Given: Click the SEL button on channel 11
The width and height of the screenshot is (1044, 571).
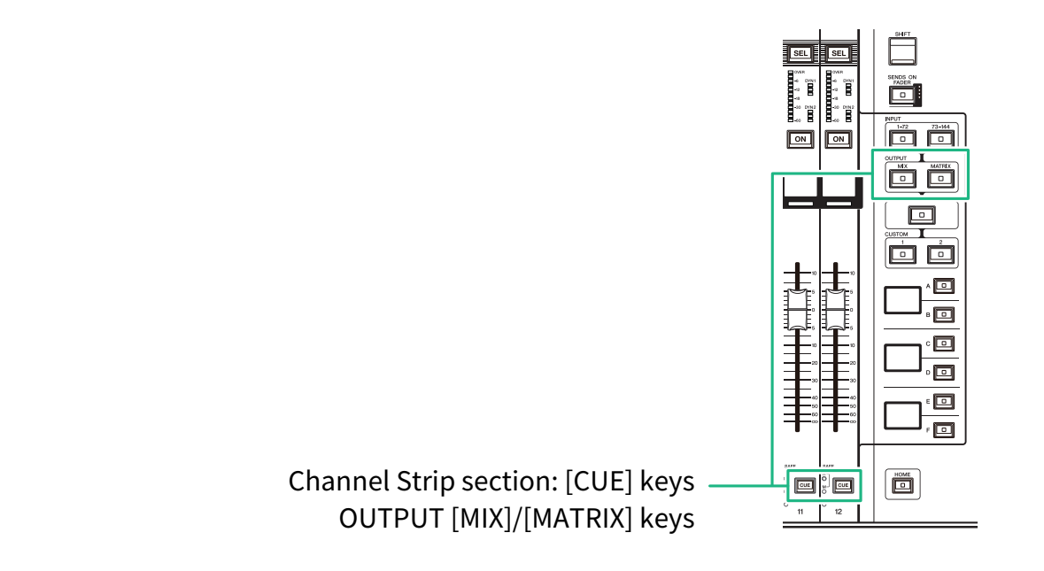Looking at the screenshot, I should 800,53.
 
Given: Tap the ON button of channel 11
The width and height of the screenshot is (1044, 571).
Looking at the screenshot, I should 800,139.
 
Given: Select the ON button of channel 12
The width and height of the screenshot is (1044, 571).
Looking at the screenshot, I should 838,139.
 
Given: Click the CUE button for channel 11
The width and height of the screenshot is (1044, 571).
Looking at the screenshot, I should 805,485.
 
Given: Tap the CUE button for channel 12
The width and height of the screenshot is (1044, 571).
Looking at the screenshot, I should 843,485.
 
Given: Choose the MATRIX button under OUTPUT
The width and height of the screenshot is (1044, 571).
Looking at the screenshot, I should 940,178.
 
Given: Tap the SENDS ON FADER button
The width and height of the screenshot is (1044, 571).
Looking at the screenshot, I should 902,95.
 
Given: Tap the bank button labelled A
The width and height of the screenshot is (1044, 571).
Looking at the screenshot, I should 945,286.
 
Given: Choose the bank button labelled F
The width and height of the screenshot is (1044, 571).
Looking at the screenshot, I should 945,430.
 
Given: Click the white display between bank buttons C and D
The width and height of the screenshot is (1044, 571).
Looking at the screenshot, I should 902,358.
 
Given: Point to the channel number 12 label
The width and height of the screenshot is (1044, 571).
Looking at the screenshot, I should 838,513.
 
